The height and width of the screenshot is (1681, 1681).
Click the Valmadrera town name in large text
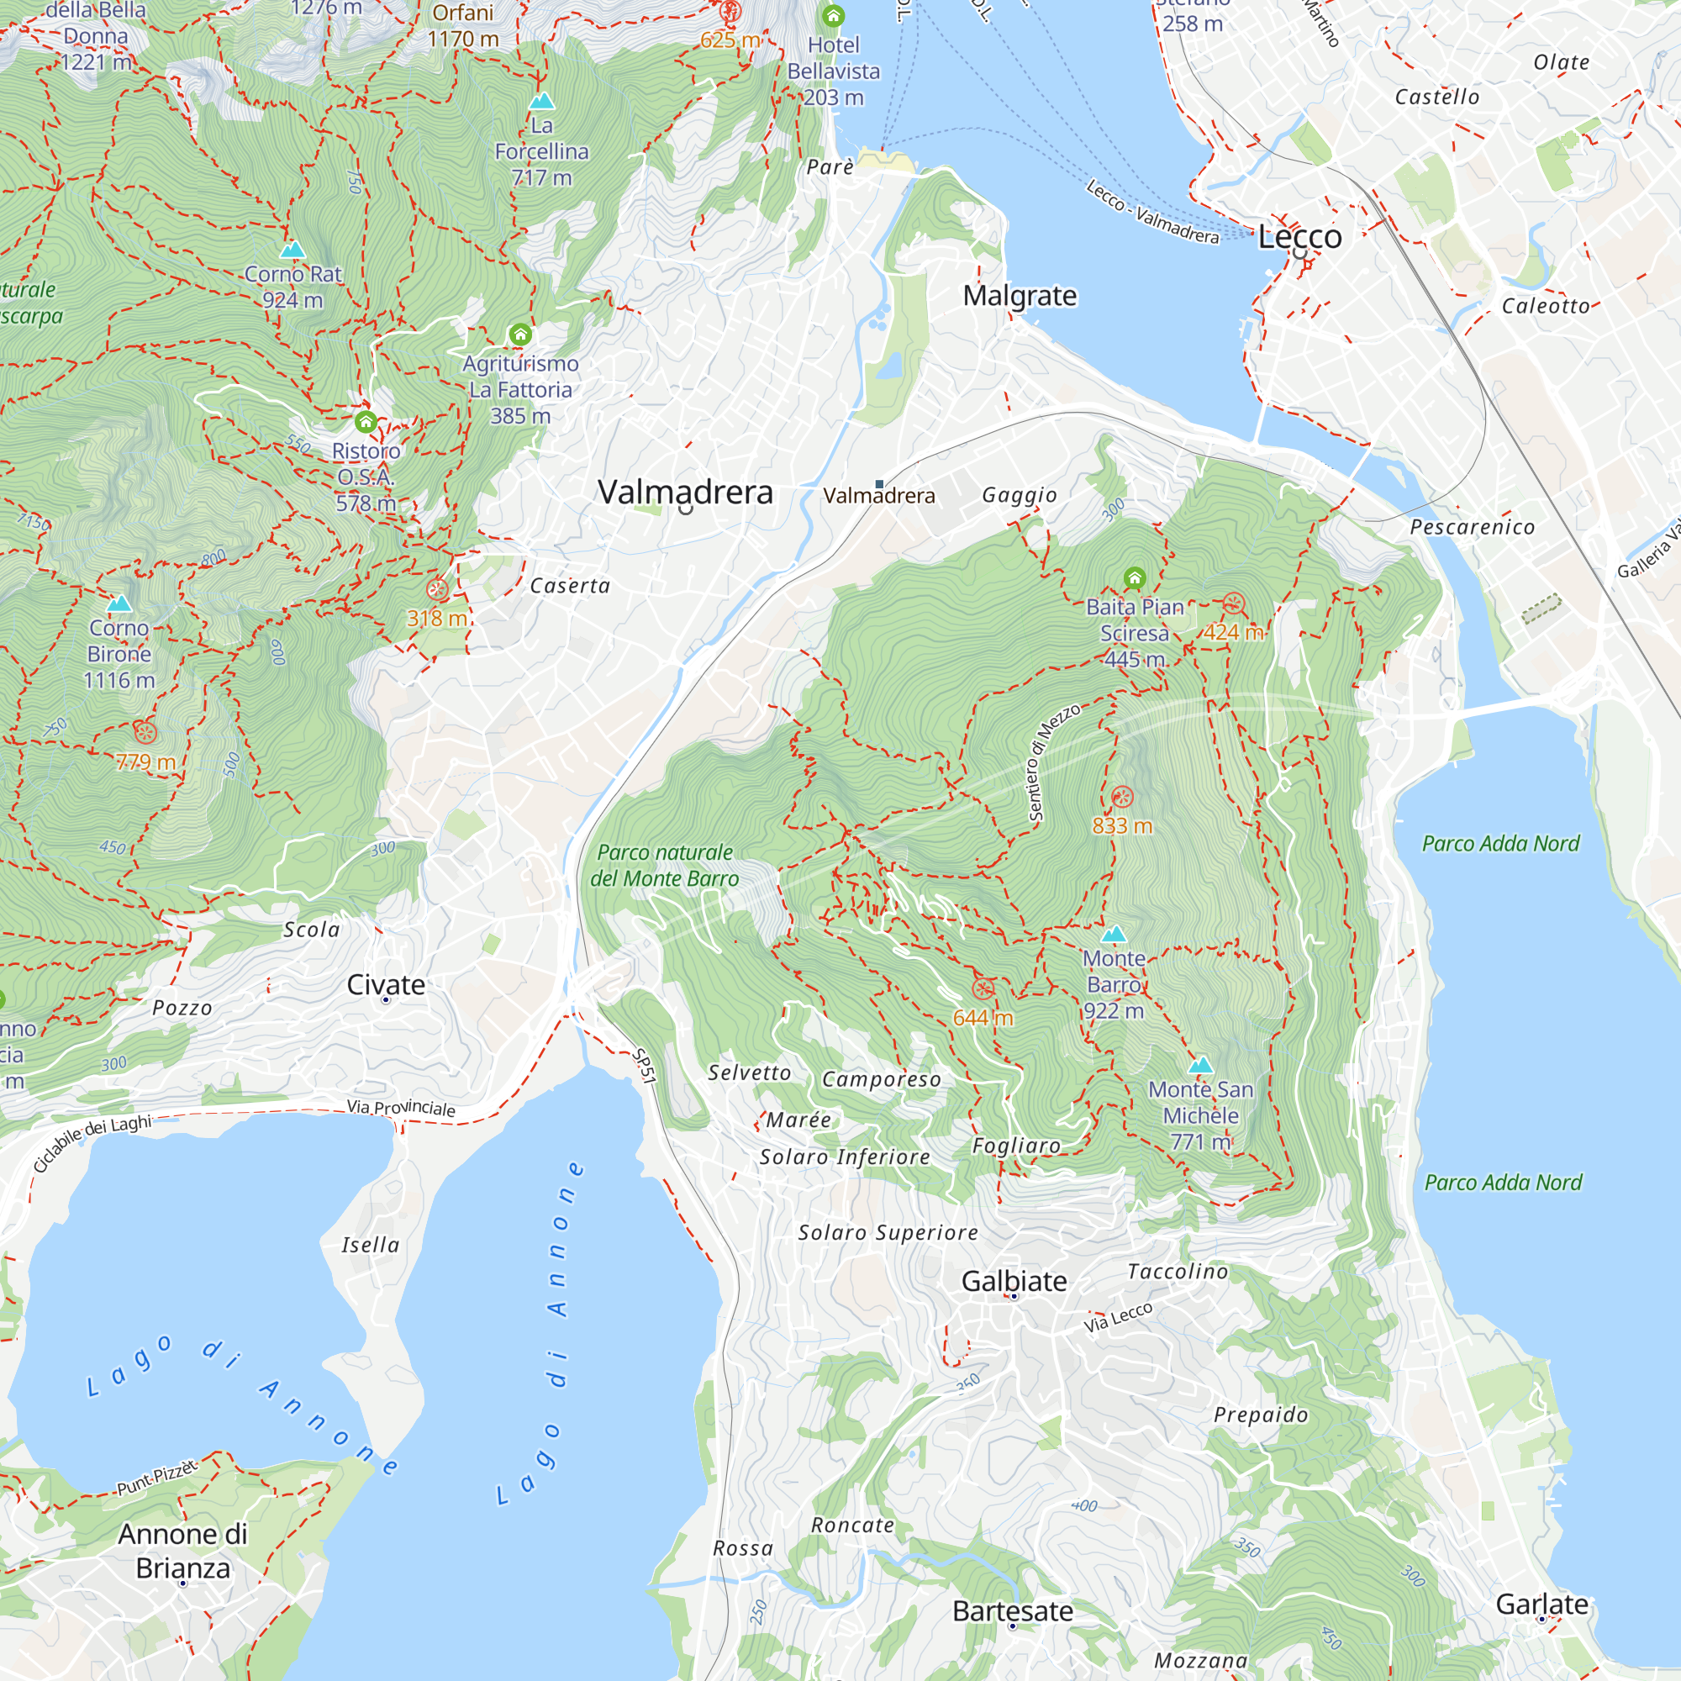point(685,493)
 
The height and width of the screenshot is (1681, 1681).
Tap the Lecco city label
point(1300,237)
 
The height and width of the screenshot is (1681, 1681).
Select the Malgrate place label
point(1019,296)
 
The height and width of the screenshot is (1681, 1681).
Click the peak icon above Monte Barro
point(1114,935)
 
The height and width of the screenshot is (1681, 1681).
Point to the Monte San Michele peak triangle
point(1201,1065)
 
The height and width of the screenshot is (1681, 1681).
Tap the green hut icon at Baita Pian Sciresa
point(1134,577)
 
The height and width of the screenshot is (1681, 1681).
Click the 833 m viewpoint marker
point(1122,796)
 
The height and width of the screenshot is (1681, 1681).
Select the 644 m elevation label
point(983,1017)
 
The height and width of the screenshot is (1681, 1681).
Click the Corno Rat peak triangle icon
point(292,250)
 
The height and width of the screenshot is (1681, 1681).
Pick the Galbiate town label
point(1014,1281)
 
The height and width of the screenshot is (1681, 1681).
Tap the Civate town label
point(386,985)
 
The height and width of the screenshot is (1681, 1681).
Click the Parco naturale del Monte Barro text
point(665,866)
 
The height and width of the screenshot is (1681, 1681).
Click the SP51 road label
point(644,1067)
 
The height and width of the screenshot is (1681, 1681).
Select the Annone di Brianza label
point(182,1552)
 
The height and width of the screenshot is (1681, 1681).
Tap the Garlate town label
point(1541,1605)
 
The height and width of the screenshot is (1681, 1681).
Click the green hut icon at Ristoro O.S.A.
point(366,423)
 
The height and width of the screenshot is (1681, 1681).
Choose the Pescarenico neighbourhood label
point(1473,527)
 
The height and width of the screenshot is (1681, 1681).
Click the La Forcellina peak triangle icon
point(541,101)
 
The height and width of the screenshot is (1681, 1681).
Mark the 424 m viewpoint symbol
point(1233,603)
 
